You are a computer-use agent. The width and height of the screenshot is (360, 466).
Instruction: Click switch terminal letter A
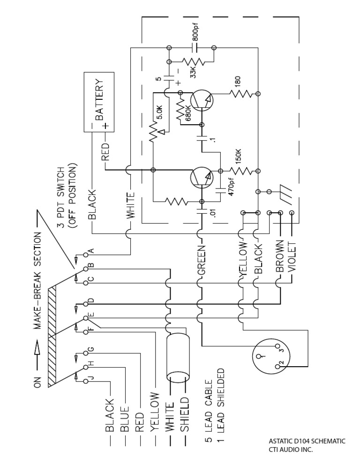coord(92,251)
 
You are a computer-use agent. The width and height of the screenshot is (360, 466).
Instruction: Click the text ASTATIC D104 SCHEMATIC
coord(307,441)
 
